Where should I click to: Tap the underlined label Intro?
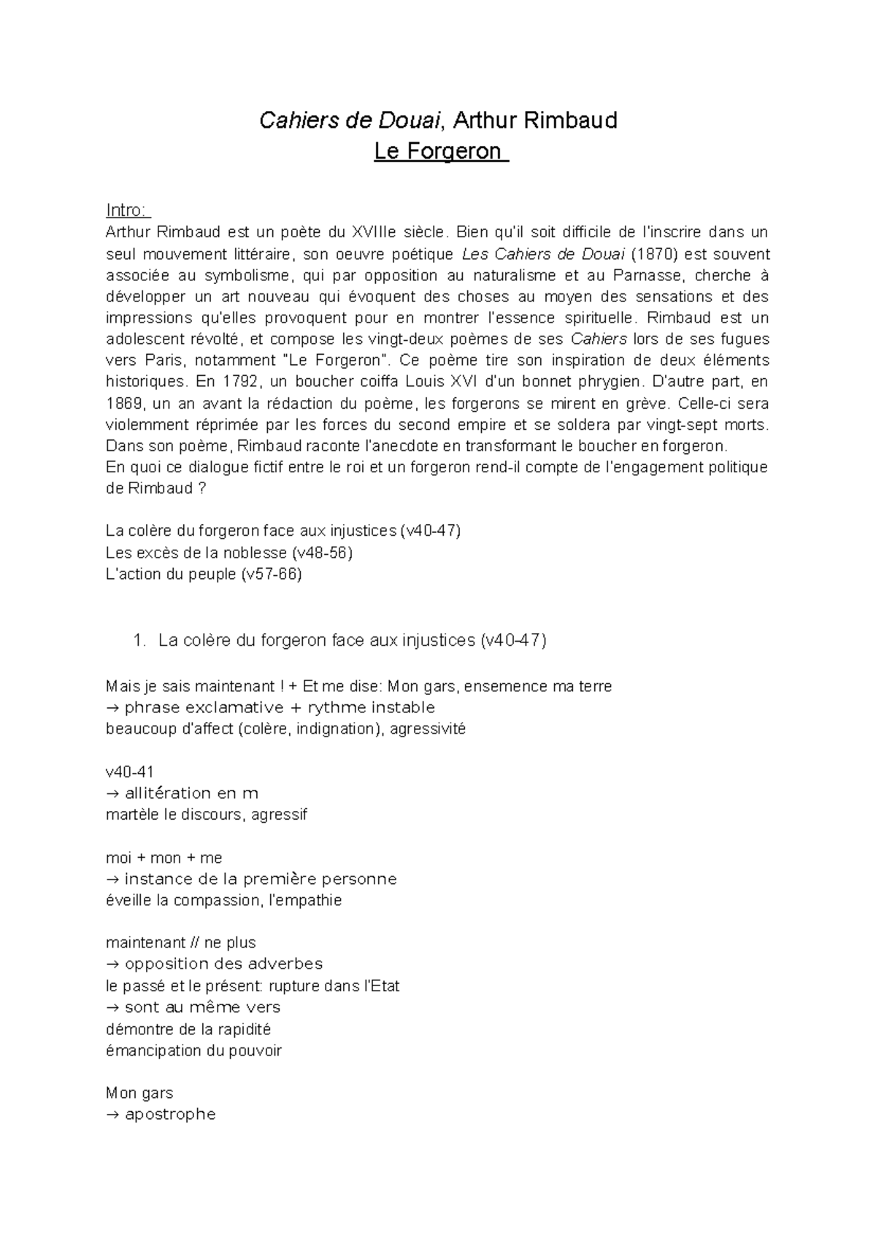coord(127,211)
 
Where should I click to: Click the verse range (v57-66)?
coord(271,574)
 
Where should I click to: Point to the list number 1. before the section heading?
coord(141,641)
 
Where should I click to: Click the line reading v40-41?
coord(130,772)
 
